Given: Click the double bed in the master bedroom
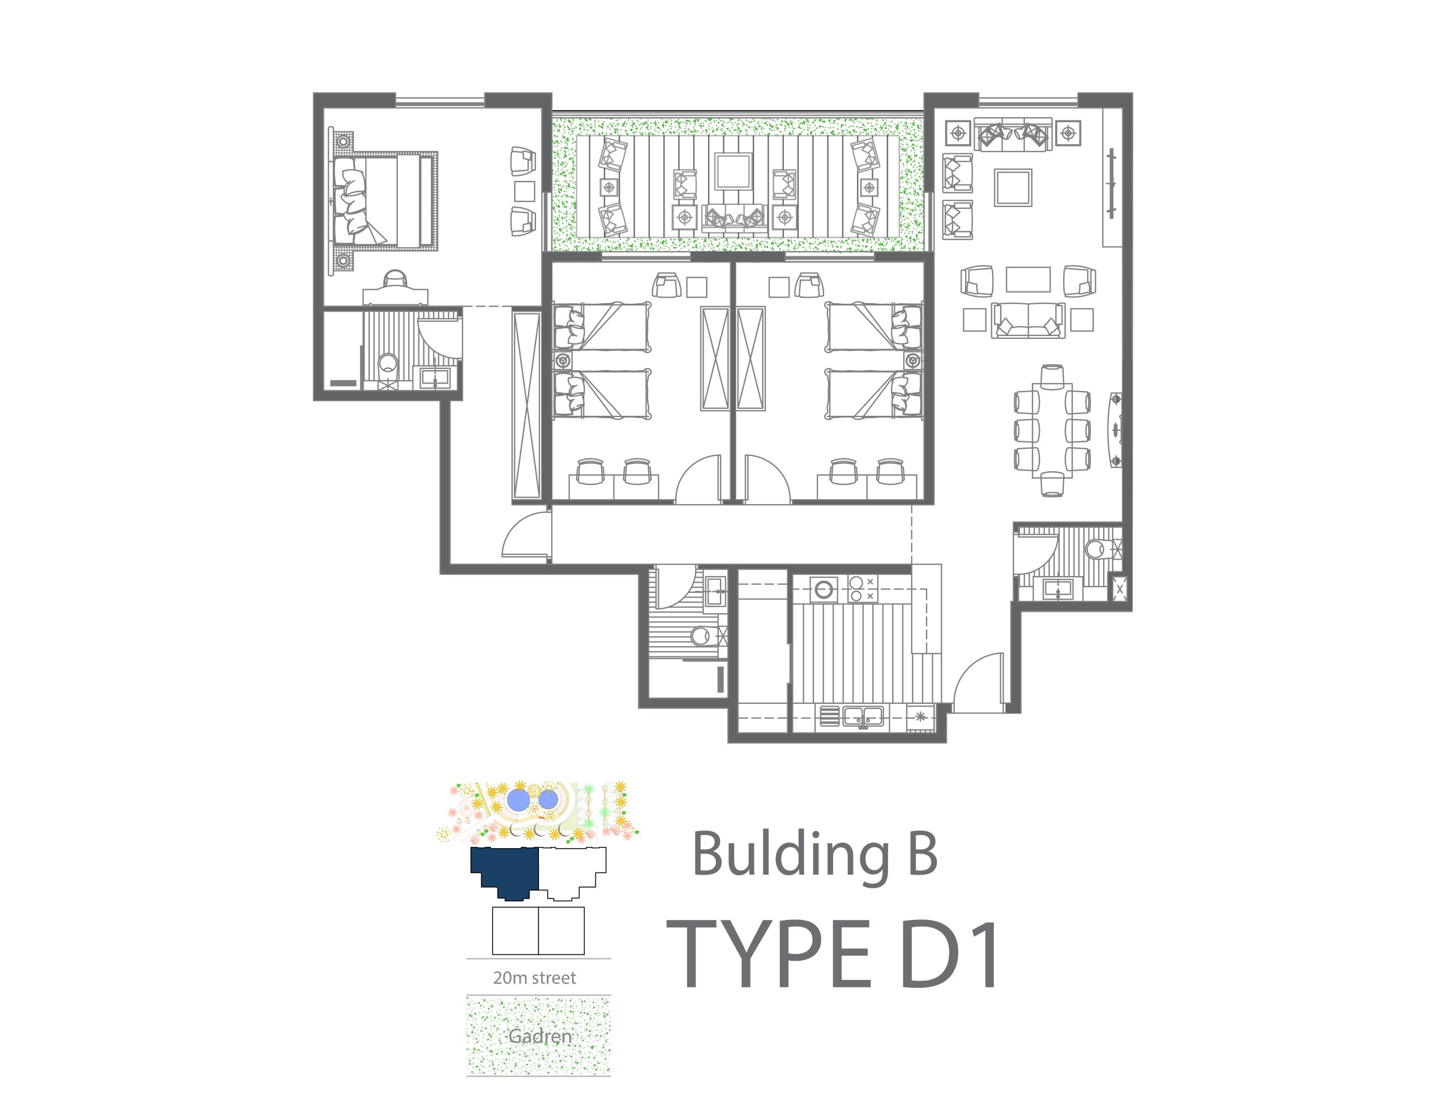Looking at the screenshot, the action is point(384,200).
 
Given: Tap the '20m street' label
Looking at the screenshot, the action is point(534,978).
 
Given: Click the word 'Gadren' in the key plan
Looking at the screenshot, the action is point(539,1037).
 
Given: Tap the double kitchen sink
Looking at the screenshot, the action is point(863,716).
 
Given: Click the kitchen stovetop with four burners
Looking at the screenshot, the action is point(863,589).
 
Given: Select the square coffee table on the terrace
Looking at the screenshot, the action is point(733,172).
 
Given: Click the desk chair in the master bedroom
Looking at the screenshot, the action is point(395,278).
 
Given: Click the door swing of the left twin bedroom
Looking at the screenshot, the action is point(698,478).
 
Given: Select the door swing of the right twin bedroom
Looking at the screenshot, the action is point(767,478).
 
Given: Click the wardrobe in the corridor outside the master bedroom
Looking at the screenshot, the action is point(527,405).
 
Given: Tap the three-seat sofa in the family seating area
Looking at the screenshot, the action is point(1028,320).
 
